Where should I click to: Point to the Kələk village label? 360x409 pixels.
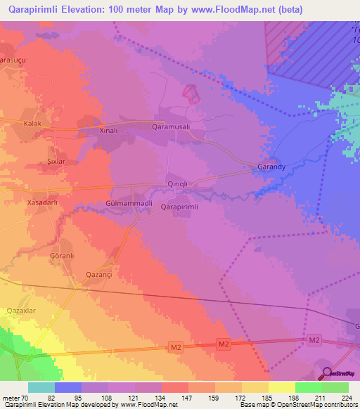click(x=33, y=124)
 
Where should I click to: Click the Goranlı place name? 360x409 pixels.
click(x=62, y=257)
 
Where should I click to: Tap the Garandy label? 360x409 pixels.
click(x=271, y=169)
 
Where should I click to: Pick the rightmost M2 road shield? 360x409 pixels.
click(x=314, y=340)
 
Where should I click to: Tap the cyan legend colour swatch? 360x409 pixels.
click(x=41, y=387)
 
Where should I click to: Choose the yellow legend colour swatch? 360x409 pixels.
click(x=281, y=387)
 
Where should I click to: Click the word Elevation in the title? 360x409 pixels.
click(x=75, y=9)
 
